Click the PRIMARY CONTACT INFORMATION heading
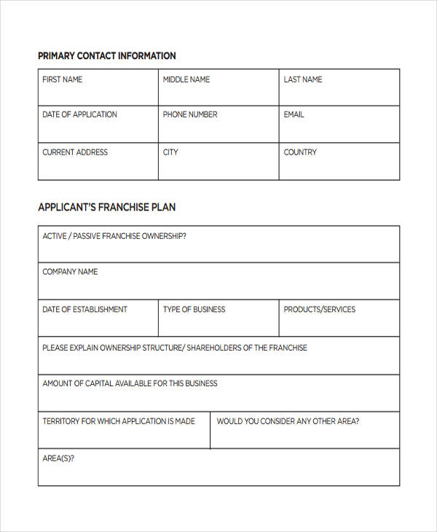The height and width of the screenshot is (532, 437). pyautogui.click(x=106, y=56)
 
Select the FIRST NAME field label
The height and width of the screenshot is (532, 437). pyautogui.click(x=63, y=79)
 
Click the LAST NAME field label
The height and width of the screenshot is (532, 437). pyautogui.click(x=303, y=79)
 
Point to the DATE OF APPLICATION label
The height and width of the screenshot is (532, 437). pyautogui.click(x=79, y=114)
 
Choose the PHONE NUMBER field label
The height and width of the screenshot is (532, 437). pyautogui.click(x=190, y=114)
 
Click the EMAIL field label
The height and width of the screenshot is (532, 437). pyautogui.click(x=294, y=114)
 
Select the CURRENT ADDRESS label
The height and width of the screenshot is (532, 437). pyautogui.click(x=75, y=152)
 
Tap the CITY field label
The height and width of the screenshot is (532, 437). pyautogui.click(x=170, y=152)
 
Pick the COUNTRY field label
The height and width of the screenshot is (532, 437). pyautogui.click(x=300, y=152)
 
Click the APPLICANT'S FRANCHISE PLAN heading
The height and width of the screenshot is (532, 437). pyautogui.click(x=106, y=208)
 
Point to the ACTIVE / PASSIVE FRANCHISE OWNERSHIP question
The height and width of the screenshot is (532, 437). pyautogui.click(x=114, y=236)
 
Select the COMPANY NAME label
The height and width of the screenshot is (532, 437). pyautogui.click(x=70, y=272)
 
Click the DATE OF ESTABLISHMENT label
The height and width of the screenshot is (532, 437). pyautogui.click(x=84, y=310)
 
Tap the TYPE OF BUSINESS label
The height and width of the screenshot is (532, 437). pyautogui.click(x=194, y=310)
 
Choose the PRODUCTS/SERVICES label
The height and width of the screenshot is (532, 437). pyautogui.click(x=320, y=310)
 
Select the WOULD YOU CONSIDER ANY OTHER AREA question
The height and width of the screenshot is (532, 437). pyautogui.click(x=288, y=421)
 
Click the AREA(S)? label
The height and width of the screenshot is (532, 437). pyautogui.click(x=58, y=458)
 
